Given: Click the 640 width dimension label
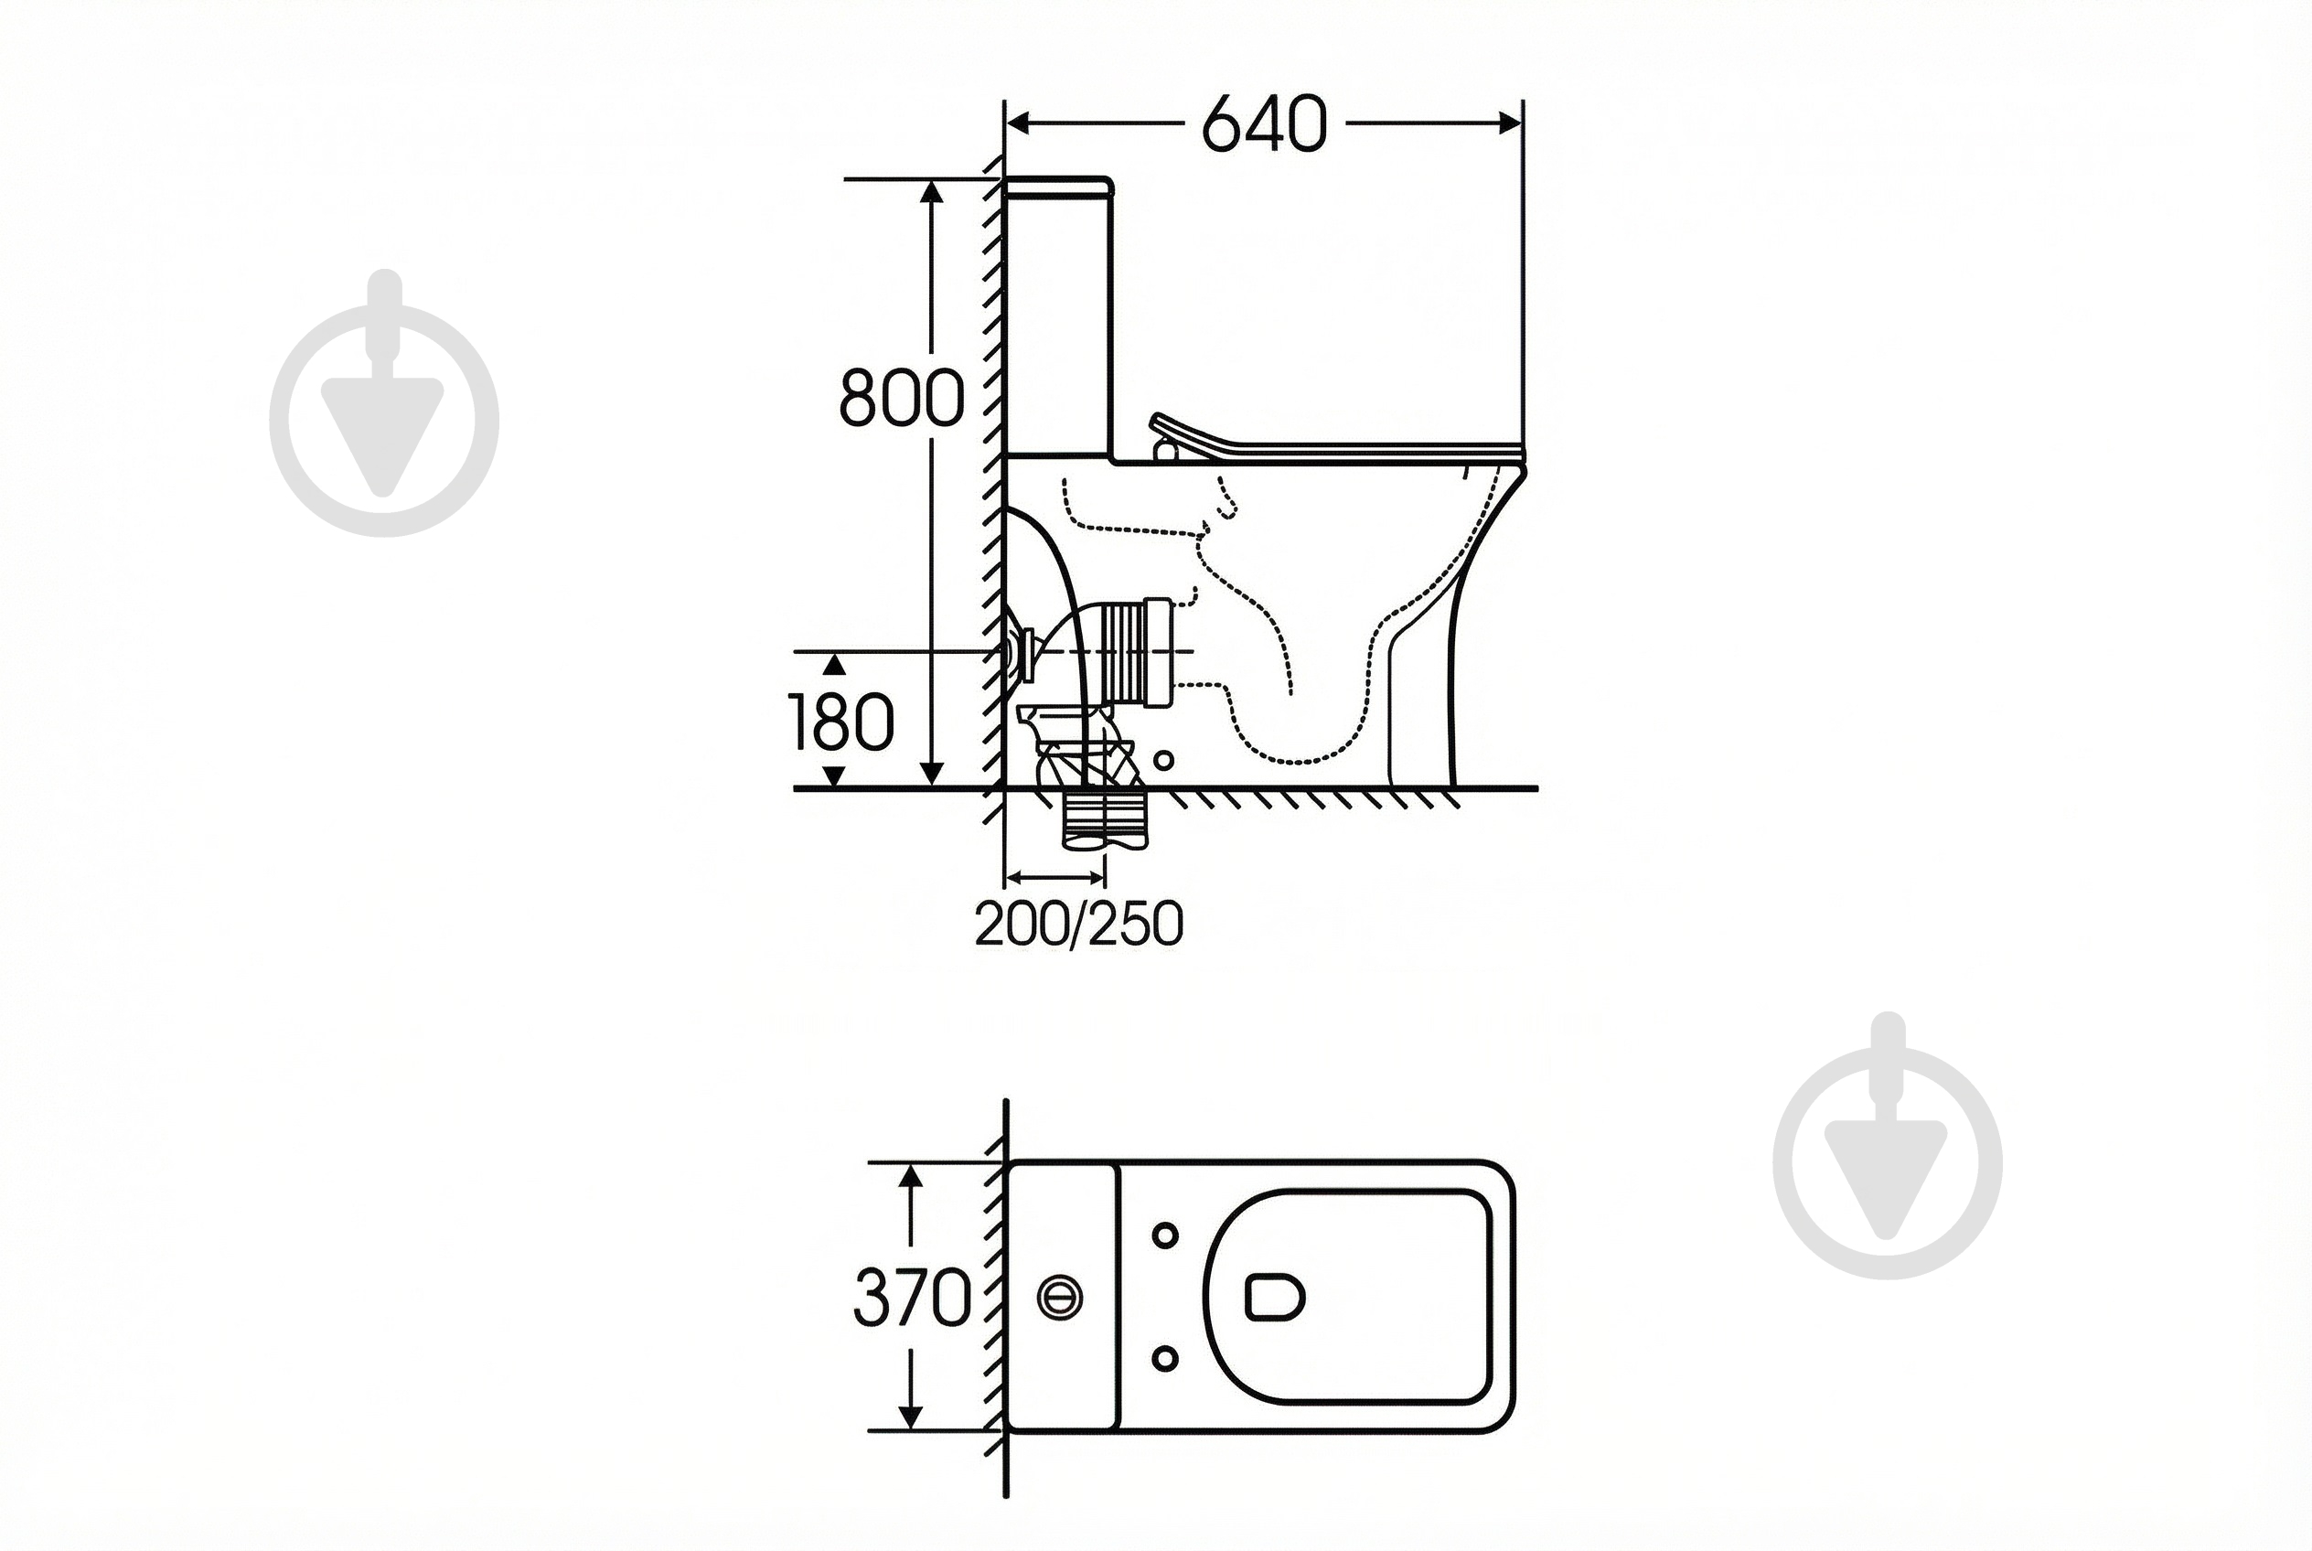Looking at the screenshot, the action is click(x=1263, y=124).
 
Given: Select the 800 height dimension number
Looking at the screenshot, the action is click(x=901, y=398).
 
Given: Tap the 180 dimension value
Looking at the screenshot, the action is click(x=842, y=722).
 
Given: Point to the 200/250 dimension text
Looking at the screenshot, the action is click(x=1078, y=924).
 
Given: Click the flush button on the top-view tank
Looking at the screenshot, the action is click(x=1060, y=1297).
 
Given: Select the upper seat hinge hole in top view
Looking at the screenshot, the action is click(x=1165, y=1235).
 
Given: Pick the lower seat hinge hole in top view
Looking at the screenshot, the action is click(x=1165, y=1359).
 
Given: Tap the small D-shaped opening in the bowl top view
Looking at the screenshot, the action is click(x=1274, y=1297).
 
